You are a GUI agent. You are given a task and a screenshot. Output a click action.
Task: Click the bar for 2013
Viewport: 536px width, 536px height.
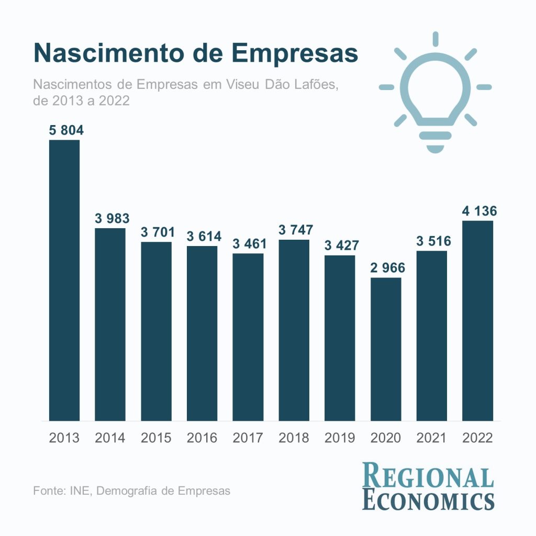64,280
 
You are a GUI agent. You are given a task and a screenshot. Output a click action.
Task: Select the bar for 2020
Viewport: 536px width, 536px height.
386,349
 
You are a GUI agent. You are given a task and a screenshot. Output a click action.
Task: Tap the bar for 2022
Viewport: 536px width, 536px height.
477,320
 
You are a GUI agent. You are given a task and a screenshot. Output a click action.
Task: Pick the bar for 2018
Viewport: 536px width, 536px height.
294,330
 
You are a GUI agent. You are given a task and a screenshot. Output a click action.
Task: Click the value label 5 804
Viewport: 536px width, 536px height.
66,130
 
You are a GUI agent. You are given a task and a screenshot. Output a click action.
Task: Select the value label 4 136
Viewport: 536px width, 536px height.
479,211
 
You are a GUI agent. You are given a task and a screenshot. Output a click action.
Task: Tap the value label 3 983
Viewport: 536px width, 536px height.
111,218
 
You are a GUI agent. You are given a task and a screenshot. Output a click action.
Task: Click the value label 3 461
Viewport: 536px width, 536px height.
249,243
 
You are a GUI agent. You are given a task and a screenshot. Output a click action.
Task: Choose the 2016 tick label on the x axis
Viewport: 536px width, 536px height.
202,438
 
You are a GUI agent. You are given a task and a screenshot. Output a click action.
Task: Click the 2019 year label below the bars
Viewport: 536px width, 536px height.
340,438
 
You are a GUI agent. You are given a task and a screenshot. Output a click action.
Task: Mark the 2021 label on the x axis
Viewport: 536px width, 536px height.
432,438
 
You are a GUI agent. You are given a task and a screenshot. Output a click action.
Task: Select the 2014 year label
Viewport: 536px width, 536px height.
110,438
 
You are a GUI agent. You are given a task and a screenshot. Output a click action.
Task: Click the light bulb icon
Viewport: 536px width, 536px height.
435,94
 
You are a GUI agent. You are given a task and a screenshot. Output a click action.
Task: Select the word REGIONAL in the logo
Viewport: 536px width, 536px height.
428,477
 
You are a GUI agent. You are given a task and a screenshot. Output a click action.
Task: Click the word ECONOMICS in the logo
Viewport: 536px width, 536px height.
428,500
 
